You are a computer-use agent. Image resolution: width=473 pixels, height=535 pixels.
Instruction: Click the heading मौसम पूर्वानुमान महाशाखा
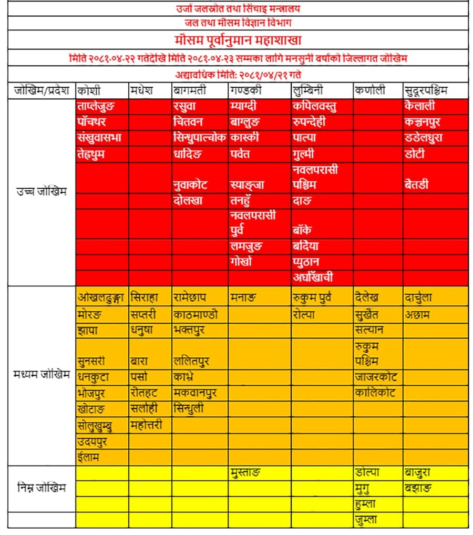point(238,40)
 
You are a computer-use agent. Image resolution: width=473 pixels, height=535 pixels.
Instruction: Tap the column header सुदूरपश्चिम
point(426,90)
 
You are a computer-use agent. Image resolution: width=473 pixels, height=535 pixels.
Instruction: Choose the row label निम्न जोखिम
point(42,488)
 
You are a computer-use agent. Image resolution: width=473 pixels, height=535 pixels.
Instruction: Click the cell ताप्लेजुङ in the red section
point(95,106)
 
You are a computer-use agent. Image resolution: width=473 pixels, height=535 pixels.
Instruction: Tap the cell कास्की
point(244,138)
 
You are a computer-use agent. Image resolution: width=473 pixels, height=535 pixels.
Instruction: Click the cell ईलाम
point(88,457)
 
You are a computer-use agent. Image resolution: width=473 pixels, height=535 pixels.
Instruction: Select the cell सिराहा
point(145,297)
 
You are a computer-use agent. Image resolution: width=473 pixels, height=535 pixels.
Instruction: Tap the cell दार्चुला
point(418,297)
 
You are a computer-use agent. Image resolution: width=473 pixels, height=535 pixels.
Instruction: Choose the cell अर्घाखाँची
point(313,277)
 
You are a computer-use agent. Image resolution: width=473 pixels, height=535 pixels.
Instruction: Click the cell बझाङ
point(418,488)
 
